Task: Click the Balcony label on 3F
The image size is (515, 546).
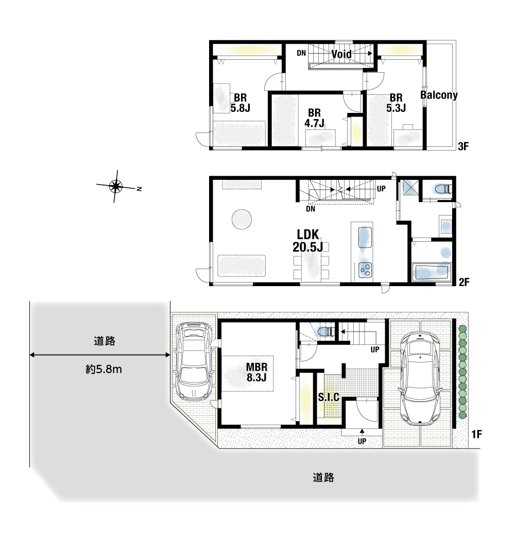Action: click(439, 95)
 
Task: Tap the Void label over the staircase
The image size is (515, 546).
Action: click(341, 54)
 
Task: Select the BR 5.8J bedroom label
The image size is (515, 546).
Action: click(241, 103)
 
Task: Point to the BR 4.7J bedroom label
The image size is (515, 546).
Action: click(314, 118)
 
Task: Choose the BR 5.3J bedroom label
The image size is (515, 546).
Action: click(396, 103)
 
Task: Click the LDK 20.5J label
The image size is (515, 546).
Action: click(308, 241)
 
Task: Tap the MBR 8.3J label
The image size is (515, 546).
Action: click(256, 372)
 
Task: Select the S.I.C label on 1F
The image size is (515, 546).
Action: click(329, 397)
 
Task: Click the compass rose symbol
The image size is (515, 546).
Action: click(116, 186)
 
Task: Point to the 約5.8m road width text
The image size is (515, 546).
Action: click(104, 369)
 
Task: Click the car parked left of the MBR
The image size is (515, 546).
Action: click(193, 360)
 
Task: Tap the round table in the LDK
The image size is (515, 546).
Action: click(242, 219)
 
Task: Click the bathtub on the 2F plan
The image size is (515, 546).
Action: click(432, 272)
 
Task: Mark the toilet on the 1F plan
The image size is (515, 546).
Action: click(325, 332)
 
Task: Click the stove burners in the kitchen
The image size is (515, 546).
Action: click(365, 269)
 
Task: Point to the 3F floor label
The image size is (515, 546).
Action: click(463, 146)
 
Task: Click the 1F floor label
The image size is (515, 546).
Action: click(477, 434)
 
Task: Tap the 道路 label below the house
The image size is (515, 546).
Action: click(323, 477)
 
